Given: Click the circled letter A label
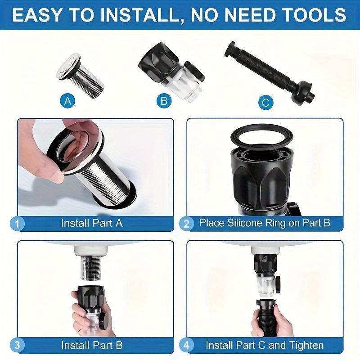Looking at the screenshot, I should pos(68,101).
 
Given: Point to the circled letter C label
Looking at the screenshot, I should pos(266,103).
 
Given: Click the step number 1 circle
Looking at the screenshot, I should pos(17,223).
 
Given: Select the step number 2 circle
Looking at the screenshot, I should pos(186,223).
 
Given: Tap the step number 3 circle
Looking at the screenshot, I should pos(17,346).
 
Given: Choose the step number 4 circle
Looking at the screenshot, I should pos(186,346).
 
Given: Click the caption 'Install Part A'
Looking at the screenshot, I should pos(92,223).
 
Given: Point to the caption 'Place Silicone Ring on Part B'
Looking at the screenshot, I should pos(265,223).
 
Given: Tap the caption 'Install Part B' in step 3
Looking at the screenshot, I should pos(92,345).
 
